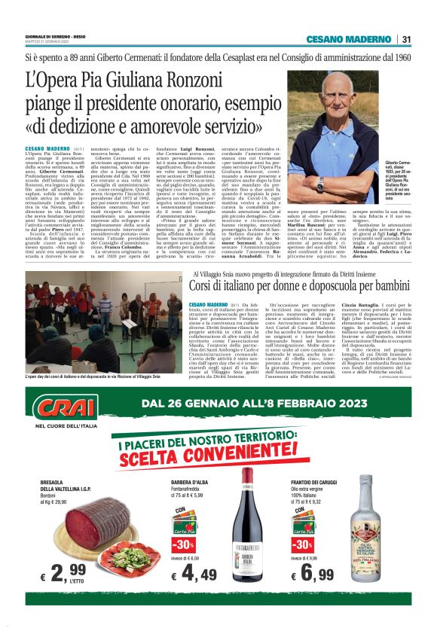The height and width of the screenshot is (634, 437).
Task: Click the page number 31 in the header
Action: click(x=406, y=39)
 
